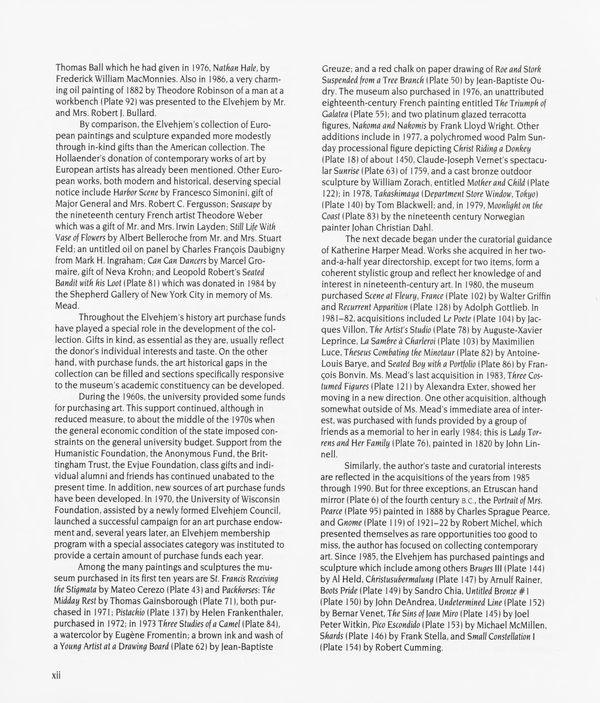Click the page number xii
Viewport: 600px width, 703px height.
click(x=56, y=675)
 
